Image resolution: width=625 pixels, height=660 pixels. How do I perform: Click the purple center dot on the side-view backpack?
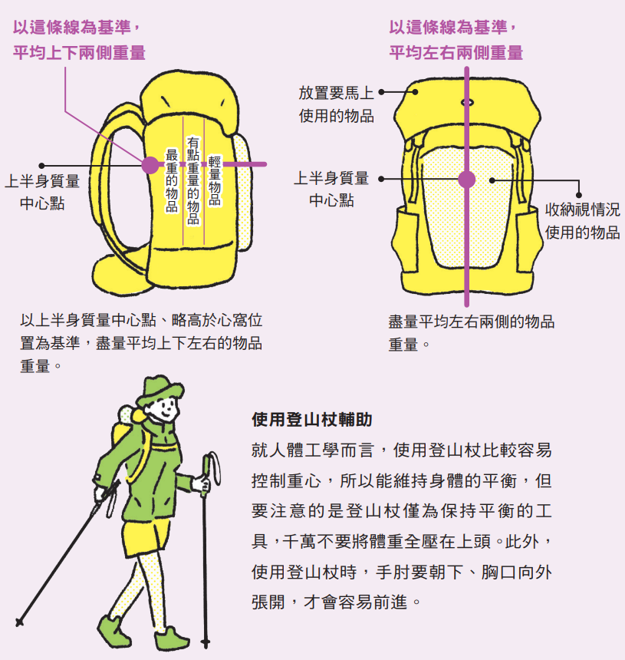tap(150, 164)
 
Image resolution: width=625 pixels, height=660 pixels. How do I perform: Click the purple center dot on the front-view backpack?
tap(466, 180)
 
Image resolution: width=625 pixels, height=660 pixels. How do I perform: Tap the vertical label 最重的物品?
tap(172, 180)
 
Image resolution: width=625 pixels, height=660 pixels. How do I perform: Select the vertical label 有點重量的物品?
tap(193, 180)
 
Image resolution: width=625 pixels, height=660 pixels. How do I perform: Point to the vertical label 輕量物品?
tap(215, 180)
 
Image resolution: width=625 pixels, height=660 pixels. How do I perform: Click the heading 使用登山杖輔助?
tap(311, 420)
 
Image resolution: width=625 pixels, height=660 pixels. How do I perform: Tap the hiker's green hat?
tap(160, 390)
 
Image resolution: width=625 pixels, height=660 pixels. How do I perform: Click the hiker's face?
tap(164, 408)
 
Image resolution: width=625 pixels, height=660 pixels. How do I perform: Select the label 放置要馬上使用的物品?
tap(336, 104)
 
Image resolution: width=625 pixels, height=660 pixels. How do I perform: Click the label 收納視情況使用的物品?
tap(583, 220)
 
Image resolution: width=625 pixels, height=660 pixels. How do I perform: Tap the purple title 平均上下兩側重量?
tap(79, 53)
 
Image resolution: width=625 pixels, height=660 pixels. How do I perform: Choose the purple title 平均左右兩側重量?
tap(456, 53)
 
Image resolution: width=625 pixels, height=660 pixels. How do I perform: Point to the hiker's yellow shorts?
tap(147, 536)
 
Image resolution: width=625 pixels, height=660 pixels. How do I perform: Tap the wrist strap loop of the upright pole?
tap(215, 467)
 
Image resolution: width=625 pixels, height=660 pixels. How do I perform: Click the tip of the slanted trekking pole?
tap(19, 622)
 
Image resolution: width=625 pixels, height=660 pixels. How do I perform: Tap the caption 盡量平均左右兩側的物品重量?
tap(471, 333)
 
